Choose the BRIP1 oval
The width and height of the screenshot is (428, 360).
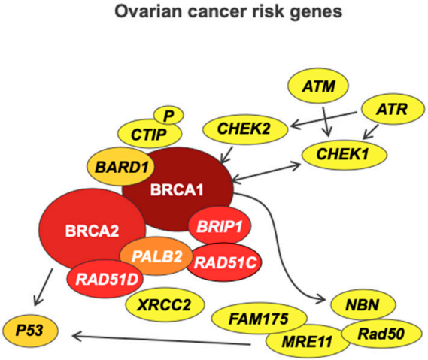click(219, 225)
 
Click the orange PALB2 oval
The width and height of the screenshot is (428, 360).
click(158, 256)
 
